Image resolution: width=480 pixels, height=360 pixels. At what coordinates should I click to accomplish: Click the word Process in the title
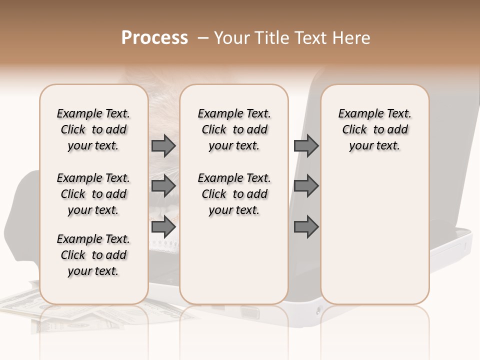154,38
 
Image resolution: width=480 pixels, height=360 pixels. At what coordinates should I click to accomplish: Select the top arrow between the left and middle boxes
163,145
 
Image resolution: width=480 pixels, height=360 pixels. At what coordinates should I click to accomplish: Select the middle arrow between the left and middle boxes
163,186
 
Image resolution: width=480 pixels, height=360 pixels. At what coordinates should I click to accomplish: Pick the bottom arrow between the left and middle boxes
163,226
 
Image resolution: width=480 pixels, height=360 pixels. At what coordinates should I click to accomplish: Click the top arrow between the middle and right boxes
306,145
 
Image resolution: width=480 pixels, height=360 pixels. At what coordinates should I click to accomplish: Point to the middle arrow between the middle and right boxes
306,186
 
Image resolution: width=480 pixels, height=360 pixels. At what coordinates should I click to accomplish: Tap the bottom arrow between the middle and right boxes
306,226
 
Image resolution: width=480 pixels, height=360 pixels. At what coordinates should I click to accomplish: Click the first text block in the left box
93,129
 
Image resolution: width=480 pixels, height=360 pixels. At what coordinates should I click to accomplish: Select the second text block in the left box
93,194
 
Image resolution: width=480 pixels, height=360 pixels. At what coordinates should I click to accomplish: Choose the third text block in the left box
93,255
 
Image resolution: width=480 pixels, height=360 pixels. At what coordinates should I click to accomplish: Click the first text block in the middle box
234,129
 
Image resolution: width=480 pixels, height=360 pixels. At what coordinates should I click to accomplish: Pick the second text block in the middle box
234,194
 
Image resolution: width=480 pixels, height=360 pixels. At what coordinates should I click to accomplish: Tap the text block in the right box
374,129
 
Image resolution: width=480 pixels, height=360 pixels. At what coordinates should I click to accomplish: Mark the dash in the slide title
202,38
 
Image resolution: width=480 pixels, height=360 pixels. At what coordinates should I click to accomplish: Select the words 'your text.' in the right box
374,146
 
